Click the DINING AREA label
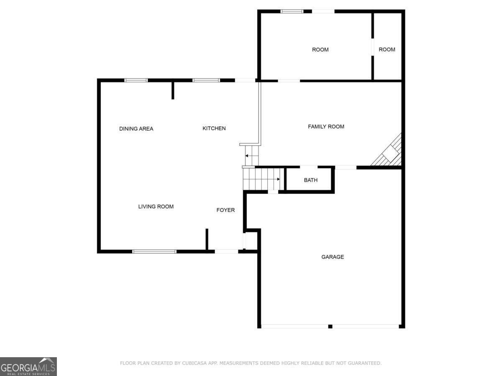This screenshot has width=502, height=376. [136, 129]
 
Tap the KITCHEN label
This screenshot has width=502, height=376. [214, 128]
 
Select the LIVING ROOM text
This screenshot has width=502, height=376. [156, 207]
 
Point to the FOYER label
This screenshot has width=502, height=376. [225, 210]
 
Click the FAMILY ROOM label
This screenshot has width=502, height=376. [326, 127]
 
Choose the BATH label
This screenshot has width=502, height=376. [310, 180]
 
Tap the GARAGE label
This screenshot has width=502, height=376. [333, 257]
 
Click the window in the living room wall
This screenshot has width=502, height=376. [154, 252]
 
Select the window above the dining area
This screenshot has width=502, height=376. [136, 80]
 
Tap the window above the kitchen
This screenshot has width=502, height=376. [206, 80]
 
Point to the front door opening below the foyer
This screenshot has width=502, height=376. [226, 252]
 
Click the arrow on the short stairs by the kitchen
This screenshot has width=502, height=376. [251, 156]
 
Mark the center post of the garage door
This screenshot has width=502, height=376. [330, 326]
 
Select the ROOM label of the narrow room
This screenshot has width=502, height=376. [387, 50]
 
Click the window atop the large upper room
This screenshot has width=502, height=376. [292, 11]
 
